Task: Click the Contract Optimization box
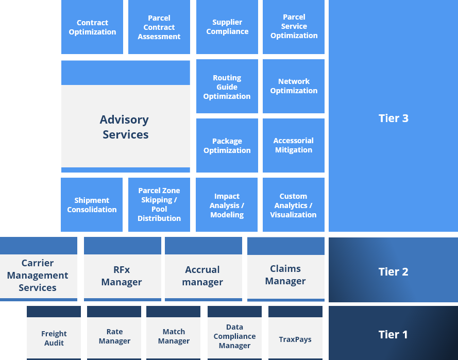coord(92,27)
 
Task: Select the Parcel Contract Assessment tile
coord(159,27)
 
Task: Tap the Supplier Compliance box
coord(227,27)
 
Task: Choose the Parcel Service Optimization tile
coord(294,27)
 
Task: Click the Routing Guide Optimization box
coord(227,87)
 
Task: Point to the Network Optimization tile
coord(294,86)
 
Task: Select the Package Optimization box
coord(227,146)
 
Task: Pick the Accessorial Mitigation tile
coord(293,145)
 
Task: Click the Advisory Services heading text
coord(125,127)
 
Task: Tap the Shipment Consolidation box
coord(92,205)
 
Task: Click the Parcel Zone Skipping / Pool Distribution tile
coord(159,204)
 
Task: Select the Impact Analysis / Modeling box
coord(227,205)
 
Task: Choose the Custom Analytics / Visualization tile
coord(293,205)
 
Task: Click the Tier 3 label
coord(393,118)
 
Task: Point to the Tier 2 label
coord(393,271)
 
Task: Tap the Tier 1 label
coord(393,334)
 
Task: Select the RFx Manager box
coord(122,276)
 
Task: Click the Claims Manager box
coord(285,275)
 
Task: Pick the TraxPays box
coord(295,339)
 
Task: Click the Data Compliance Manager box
coord(234,336)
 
